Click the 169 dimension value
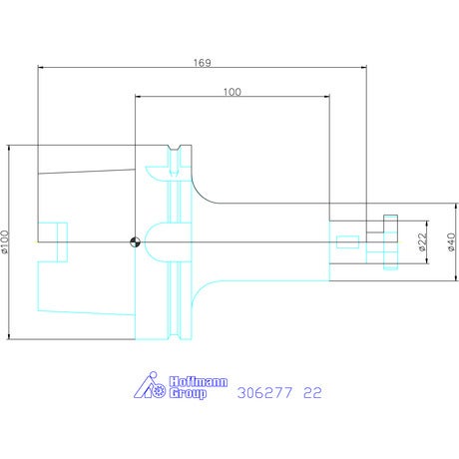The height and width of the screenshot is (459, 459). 203,63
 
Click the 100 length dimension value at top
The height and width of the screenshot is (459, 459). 231,92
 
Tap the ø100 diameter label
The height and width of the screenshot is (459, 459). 5,241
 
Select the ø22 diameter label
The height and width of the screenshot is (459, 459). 422,241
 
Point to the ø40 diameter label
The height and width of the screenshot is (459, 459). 451,241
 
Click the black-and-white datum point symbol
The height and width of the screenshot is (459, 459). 135,242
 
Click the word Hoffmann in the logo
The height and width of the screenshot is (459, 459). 199,381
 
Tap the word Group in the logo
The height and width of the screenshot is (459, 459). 188,393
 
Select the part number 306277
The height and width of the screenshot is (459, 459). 264,393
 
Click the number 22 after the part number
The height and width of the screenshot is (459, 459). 312,393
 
